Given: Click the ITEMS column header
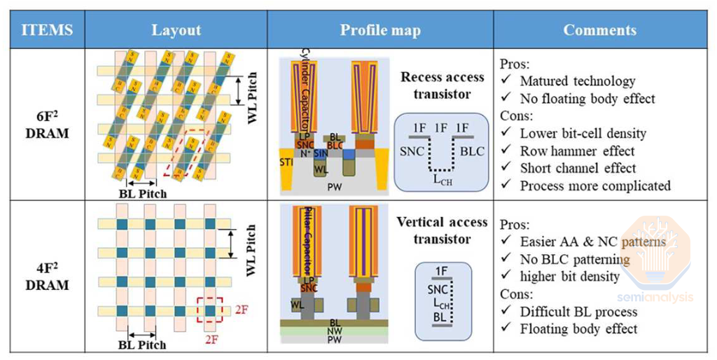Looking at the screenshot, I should pos(47,30).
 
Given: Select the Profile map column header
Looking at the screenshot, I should pos(380,30).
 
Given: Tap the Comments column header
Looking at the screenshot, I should pos(600,30).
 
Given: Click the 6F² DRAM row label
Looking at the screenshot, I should pos(47,125).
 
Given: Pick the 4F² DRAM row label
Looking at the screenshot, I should pos(47,277).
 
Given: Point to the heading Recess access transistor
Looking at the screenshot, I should pos(443,85).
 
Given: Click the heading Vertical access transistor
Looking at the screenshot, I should pos(442,230).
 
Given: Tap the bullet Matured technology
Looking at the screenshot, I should pos(577,81).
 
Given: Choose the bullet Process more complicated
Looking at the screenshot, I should pos(594,186).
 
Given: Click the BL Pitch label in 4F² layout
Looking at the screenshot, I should pos(142,345).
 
